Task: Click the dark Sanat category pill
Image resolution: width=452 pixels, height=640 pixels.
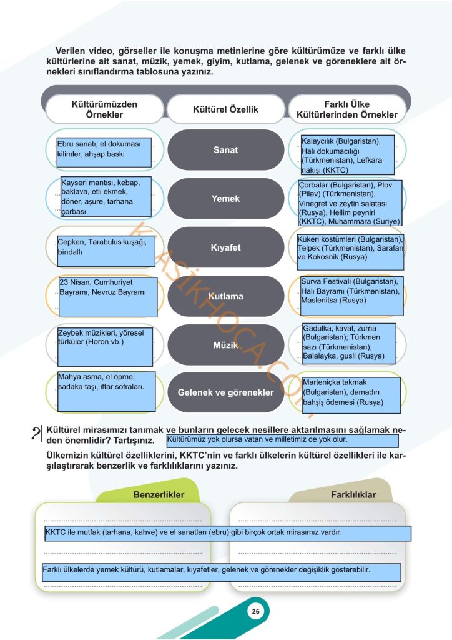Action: (226, 150)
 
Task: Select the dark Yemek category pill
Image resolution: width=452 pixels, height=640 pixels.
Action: (226, 198)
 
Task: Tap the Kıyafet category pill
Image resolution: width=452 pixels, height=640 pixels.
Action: (226, 247)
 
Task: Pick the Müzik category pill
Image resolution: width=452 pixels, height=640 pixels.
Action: (226, 345)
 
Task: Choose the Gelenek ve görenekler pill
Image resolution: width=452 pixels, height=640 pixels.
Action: (226, 392)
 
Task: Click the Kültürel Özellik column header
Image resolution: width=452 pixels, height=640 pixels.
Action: (226, 109)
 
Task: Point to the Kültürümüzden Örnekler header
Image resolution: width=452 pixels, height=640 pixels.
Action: (104, 109)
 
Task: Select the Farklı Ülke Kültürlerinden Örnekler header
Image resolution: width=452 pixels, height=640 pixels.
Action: (347, 109)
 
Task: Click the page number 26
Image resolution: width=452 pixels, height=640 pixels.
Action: (255, 611)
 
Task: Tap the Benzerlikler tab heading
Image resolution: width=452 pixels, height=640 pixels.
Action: (159, 495)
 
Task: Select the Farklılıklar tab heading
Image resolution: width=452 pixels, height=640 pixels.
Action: (353, 495)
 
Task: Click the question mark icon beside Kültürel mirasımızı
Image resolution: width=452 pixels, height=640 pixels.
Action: (37, 434)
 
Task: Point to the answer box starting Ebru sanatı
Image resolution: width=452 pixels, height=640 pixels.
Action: (104, 152)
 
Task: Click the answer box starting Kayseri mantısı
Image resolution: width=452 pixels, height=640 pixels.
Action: (106, 196)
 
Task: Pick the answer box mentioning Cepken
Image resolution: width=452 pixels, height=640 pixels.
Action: (106, 251)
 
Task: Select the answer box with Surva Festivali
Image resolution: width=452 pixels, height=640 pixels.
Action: (351, 296)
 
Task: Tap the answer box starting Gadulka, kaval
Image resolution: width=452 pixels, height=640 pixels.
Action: (349, 344)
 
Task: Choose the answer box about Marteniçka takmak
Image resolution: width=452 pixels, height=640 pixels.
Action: (351, 395)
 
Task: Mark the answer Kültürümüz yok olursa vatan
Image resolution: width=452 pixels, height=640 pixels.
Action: (282, 441)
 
